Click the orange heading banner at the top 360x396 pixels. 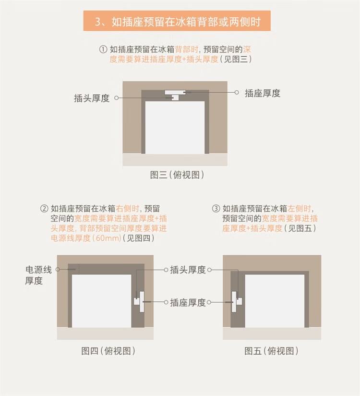pos(177,21)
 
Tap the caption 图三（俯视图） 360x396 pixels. pos(177,175)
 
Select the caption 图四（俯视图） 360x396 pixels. pos(108,351)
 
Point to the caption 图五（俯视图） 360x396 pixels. pos(271,351)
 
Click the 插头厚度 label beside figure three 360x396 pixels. pos(92,98)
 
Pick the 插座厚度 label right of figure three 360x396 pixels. pos(263,93)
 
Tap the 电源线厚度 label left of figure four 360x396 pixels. pos(38,275)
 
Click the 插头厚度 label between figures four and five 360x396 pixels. pos(188,270)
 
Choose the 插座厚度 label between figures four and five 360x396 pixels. pos(188,302)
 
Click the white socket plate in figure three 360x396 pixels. pos(175,92)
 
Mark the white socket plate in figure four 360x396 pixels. pos(142,301)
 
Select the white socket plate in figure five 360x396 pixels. pos(234,301)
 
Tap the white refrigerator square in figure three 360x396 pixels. pos(175,127)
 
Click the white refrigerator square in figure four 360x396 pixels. pos(101,301)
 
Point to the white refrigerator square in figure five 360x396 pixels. pos(275,301)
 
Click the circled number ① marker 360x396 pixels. pos(103,49)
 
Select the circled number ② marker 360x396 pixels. pos(44,209)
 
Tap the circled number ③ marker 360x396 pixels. pos(216,209)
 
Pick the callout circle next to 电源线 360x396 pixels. pos(58,270)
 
